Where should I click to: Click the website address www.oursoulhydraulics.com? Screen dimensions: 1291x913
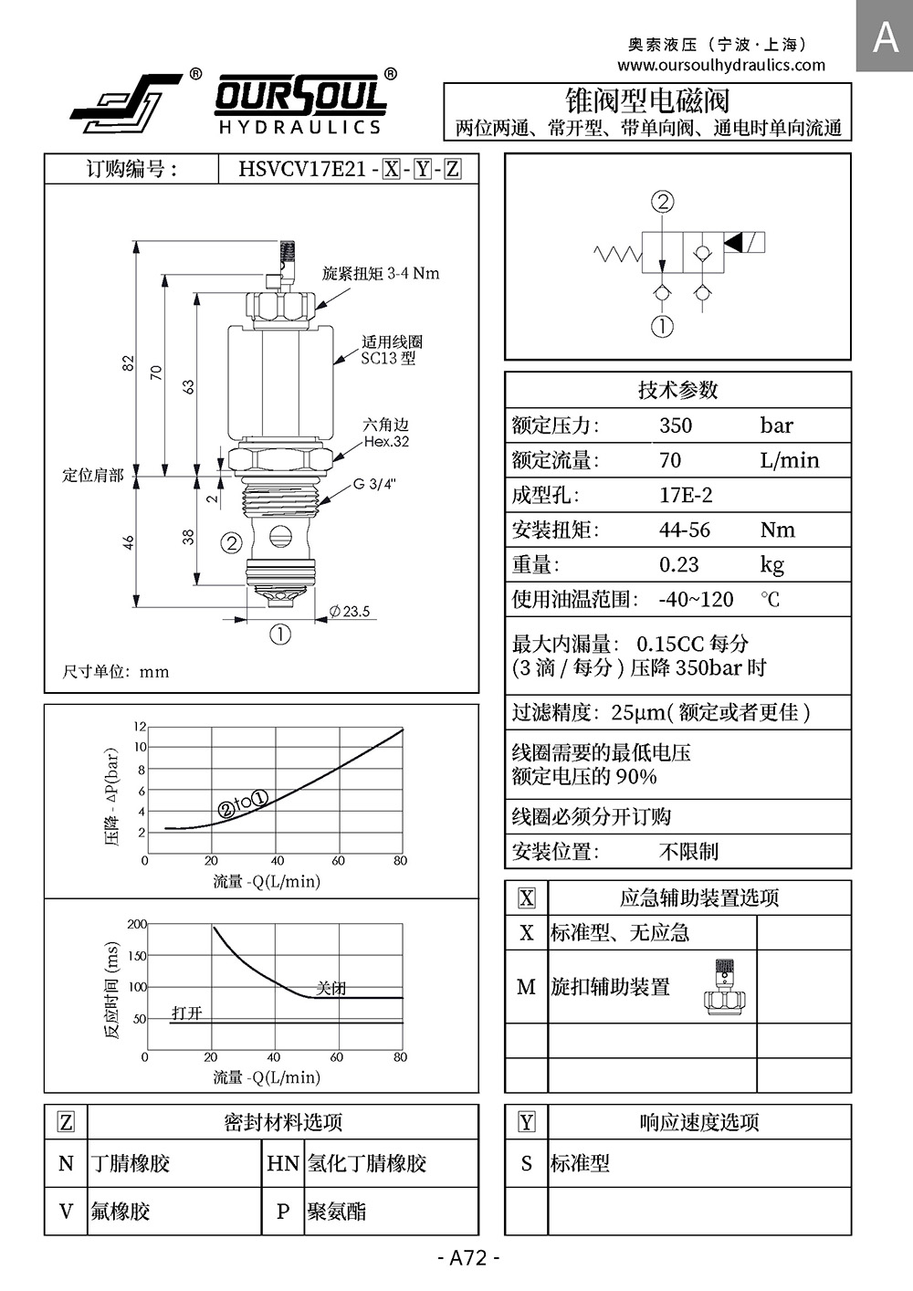click(x=720, y=65)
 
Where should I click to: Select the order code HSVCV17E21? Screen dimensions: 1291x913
click(x=301, y=169)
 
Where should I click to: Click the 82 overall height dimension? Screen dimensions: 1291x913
click(x=129, y=363)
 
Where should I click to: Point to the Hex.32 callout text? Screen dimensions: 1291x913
click(x=386, y=442)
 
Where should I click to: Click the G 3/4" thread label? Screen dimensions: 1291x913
click(x=374, y=484)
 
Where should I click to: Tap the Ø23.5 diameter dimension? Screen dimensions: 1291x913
click(x=350, y=612)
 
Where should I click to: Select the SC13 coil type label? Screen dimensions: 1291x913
click(x=388, y=359)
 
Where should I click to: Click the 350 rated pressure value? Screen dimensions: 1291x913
click(x=676, y=425)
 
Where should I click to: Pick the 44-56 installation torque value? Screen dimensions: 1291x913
click(x=684, y=530)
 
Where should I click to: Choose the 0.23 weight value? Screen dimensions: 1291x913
click(x=679, y=565)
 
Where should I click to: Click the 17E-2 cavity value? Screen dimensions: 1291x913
click(x=686, y=496)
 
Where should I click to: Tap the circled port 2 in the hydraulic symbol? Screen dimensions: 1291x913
click(x=663, y=202)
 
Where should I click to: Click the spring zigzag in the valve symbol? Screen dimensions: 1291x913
click(x=617, y=253)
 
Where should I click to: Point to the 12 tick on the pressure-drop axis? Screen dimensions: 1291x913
click(x=140, y=727)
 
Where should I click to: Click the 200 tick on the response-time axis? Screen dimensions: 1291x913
click(x=137, y=924)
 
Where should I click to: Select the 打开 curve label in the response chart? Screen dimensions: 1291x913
click(x=187, y=1013)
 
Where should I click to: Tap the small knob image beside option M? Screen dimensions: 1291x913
click(x=726, y=987)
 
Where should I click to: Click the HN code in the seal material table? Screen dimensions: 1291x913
click(x=283, y=1164)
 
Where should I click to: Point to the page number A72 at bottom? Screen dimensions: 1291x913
click(x=469, y=1258)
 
